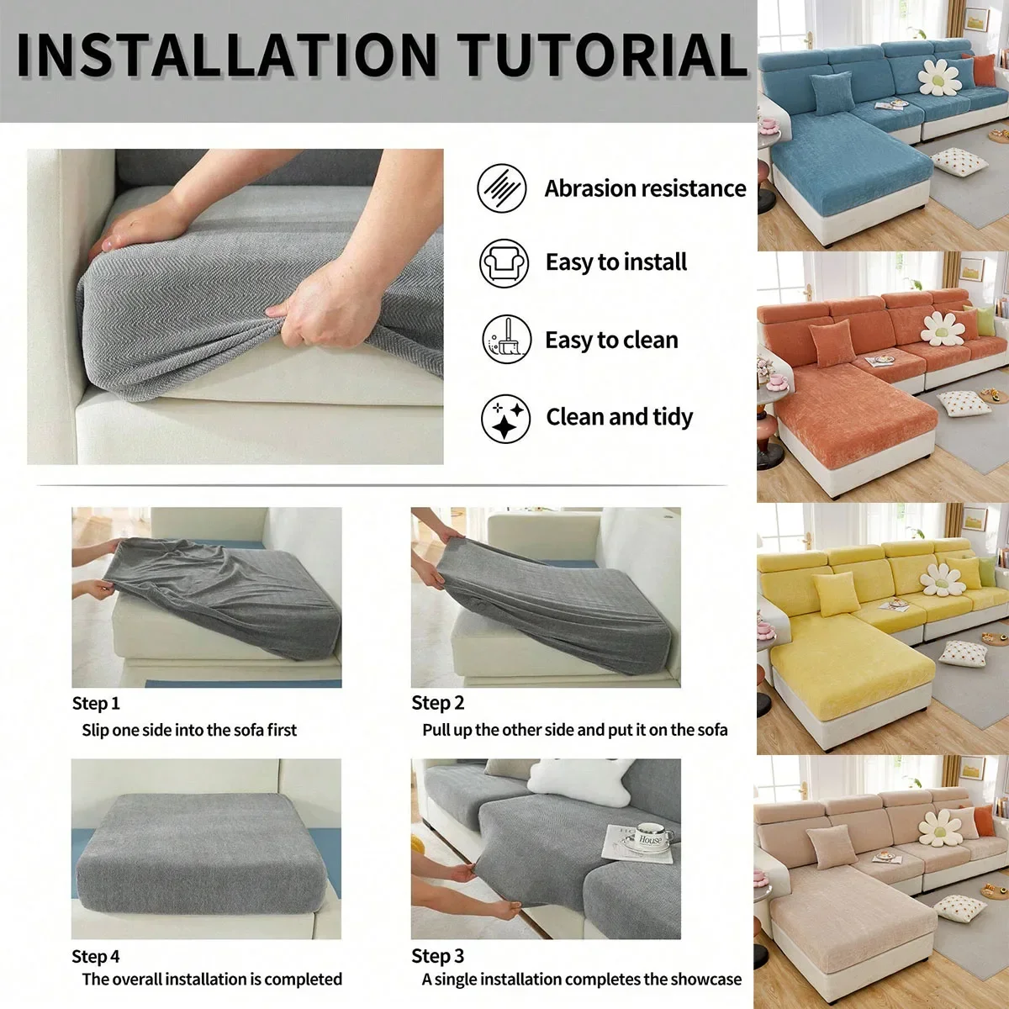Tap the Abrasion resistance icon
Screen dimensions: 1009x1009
pos(502,188)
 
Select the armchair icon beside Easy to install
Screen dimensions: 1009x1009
pos(504,263)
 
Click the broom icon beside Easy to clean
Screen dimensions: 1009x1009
pos(506,340)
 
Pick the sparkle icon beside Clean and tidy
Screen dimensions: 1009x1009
pos(505,418)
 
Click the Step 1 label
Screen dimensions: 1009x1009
pos(96,704)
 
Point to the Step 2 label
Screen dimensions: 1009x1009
pos(437,703)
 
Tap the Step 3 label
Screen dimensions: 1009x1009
pos(437,956)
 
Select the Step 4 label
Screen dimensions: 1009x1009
pos(96,957)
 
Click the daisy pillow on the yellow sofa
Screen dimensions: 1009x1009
pos(940,578)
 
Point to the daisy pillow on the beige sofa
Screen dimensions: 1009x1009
pos(939,827)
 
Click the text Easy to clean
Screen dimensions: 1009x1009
pos(611,341)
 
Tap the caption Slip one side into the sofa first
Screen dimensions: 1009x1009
pos(189,731)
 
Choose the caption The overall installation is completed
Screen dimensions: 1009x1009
pos(212,980)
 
